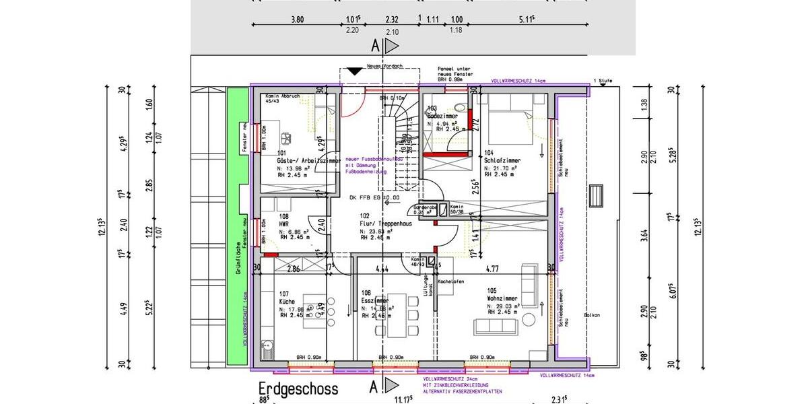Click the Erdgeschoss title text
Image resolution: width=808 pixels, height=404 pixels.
pos(298,389)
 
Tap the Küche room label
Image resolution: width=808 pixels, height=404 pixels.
pos(287,302)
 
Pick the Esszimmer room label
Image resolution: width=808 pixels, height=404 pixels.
pos(374,301)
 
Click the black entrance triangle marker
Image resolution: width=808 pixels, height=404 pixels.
pos(354,71)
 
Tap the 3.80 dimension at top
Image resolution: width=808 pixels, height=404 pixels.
pos(297,20)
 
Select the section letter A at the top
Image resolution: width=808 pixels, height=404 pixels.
pos(375,46)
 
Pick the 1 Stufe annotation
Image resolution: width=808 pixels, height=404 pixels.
pos(602,80)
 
